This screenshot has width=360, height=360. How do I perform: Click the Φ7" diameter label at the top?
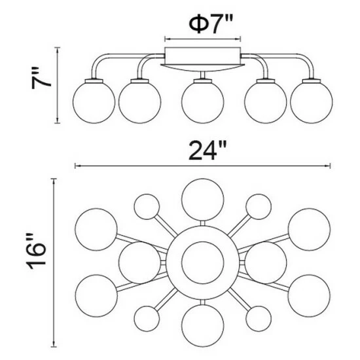211,24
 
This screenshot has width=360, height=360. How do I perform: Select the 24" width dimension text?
207,151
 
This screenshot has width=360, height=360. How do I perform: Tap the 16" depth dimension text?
37,251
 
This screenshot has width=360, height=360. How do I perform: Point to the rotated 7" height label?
41,78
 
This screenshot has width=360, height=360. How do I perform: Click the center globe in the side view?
202,102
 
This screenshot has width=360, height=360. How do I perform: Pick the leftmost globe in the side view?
94,102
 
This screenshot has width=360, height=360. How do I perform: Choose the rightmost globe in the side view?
312,102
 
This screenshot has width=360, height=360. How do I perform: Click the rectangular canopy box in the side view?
203,56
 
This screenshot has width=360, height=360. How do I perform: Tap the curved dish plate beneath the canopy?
203,67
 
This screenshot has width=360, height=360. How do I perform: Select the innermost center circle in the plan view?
202,262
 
